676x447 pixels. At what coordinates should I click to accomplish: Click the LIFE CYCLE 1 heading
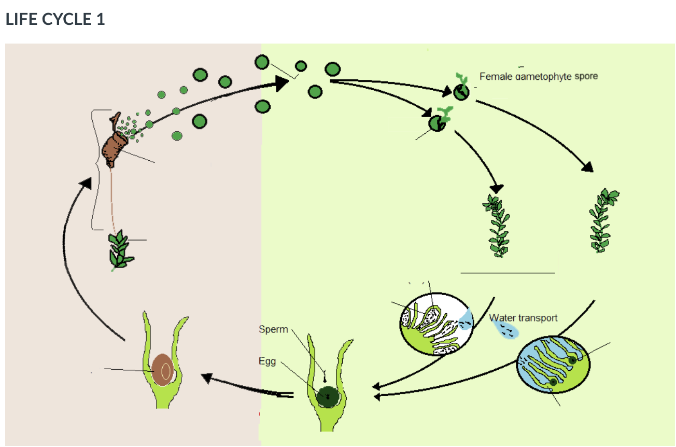click(x=55, y=20)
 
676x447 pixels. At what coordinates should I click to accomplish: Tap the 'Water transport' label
click(x=523, y=317)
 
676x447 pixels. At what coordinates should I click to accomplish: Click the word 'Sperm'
click(x=273, y=329)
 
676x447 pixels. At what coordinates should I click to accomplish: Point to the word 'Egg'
click(x=267, y=361)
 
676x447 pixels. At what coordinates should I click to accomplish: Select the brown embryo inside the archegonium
click(x=162, y=370)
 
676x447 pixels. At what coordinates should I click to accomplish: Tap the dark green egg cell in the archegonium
click(x=328, y=396)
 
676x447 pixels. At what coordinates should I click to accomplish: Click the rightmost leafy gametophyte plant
click(x=602, y=220)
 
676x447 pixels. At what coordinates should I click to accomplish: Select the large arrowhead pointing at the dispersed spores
click(x=280, y=82)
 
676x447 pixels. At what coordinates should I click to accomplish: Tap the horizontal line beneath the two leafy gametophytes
click(x=507, y=272)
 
